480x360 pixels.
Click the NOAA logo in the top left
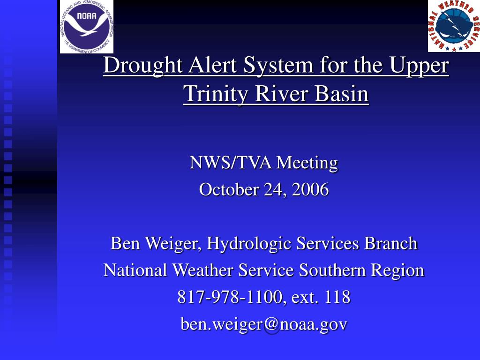coord(87,27)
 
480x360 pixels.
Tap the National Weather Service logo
coord(454,26)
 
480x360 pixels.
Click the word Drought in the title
coord(143,66)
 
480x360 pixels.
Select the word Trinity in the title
coord(216,93)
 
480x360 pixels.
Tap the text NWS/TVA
coord(231,162)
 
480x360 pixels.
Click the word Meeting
coord(307,163)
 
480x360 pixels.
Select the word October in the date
coord(229,189)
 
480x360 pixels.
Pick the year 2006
coord(310,189)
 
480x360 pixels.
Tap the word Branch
coord(391,243)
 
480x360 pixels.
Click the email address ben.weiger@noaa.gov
coord(264,324)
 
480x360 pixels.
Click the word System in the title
coord(278,66)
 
